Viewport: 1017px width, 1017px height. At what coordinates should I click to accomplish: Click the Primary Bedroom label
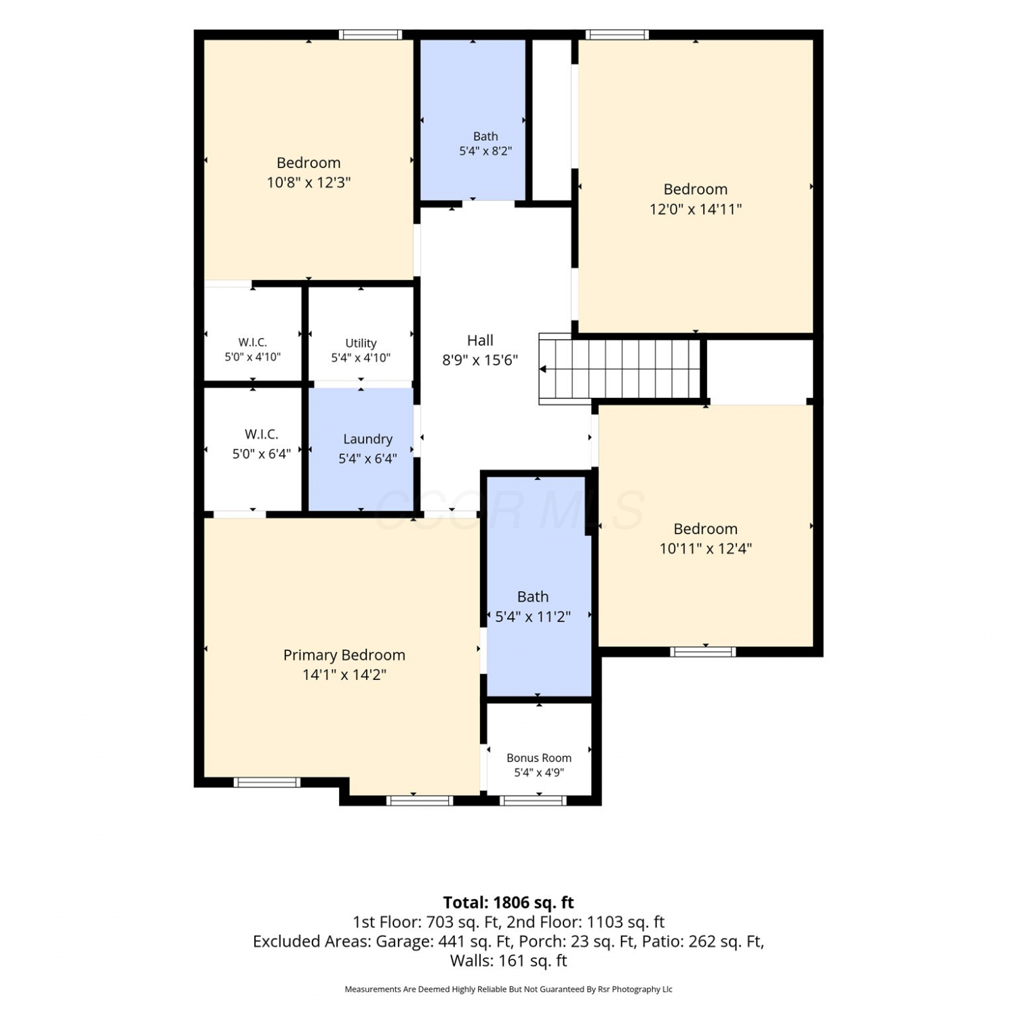point(344,655)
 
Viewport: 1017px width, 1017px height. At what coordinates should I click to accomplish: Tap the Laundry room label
point(367,439)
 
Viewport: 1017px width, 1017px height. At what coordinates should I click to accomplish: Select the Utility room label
point(361,343)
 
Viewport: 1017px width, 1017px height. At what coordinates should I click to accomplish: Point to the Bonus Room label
point(539,758)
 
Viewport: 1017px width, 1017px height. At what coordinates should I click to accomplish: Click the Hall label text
point(480,340)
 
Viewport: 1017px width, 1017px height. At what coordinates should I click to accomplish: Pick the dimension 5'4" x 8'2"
point(485,151)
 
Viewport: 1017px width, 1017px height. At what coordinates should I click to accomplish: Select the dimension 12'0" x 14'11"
point(696,209)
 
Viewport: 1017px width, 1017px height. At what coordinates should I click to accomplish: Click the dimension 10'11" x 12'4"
point(706,549)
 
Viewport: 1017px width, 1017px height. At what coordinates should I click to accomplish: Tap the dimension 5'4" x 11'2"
point(533,616)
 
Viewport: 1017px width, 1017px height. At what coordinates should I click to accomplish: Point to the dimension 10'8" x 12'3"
point(308,182)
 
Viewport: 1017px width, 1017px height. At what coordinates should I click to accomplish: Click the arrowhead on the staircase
point(543,370)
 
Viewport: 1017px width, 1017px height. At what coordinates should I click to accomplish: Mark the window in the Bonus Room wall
point(533,801)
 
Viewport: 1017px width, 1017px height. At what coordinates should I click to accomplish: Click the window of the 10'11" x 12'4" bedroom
point(703,652)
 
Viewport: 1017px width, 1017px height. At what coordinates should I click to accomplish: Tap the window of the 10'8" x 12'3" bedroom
point(370,35)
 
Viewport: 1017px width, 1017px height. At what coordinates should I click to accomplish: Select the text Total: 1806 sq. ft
point(509,902)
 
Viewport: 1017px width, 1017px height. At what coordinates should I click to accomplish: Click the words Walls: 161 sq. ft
point(509,961)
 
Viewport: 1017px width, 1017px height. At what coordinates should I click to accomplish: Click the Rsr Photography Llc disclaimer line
point(509,989)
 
